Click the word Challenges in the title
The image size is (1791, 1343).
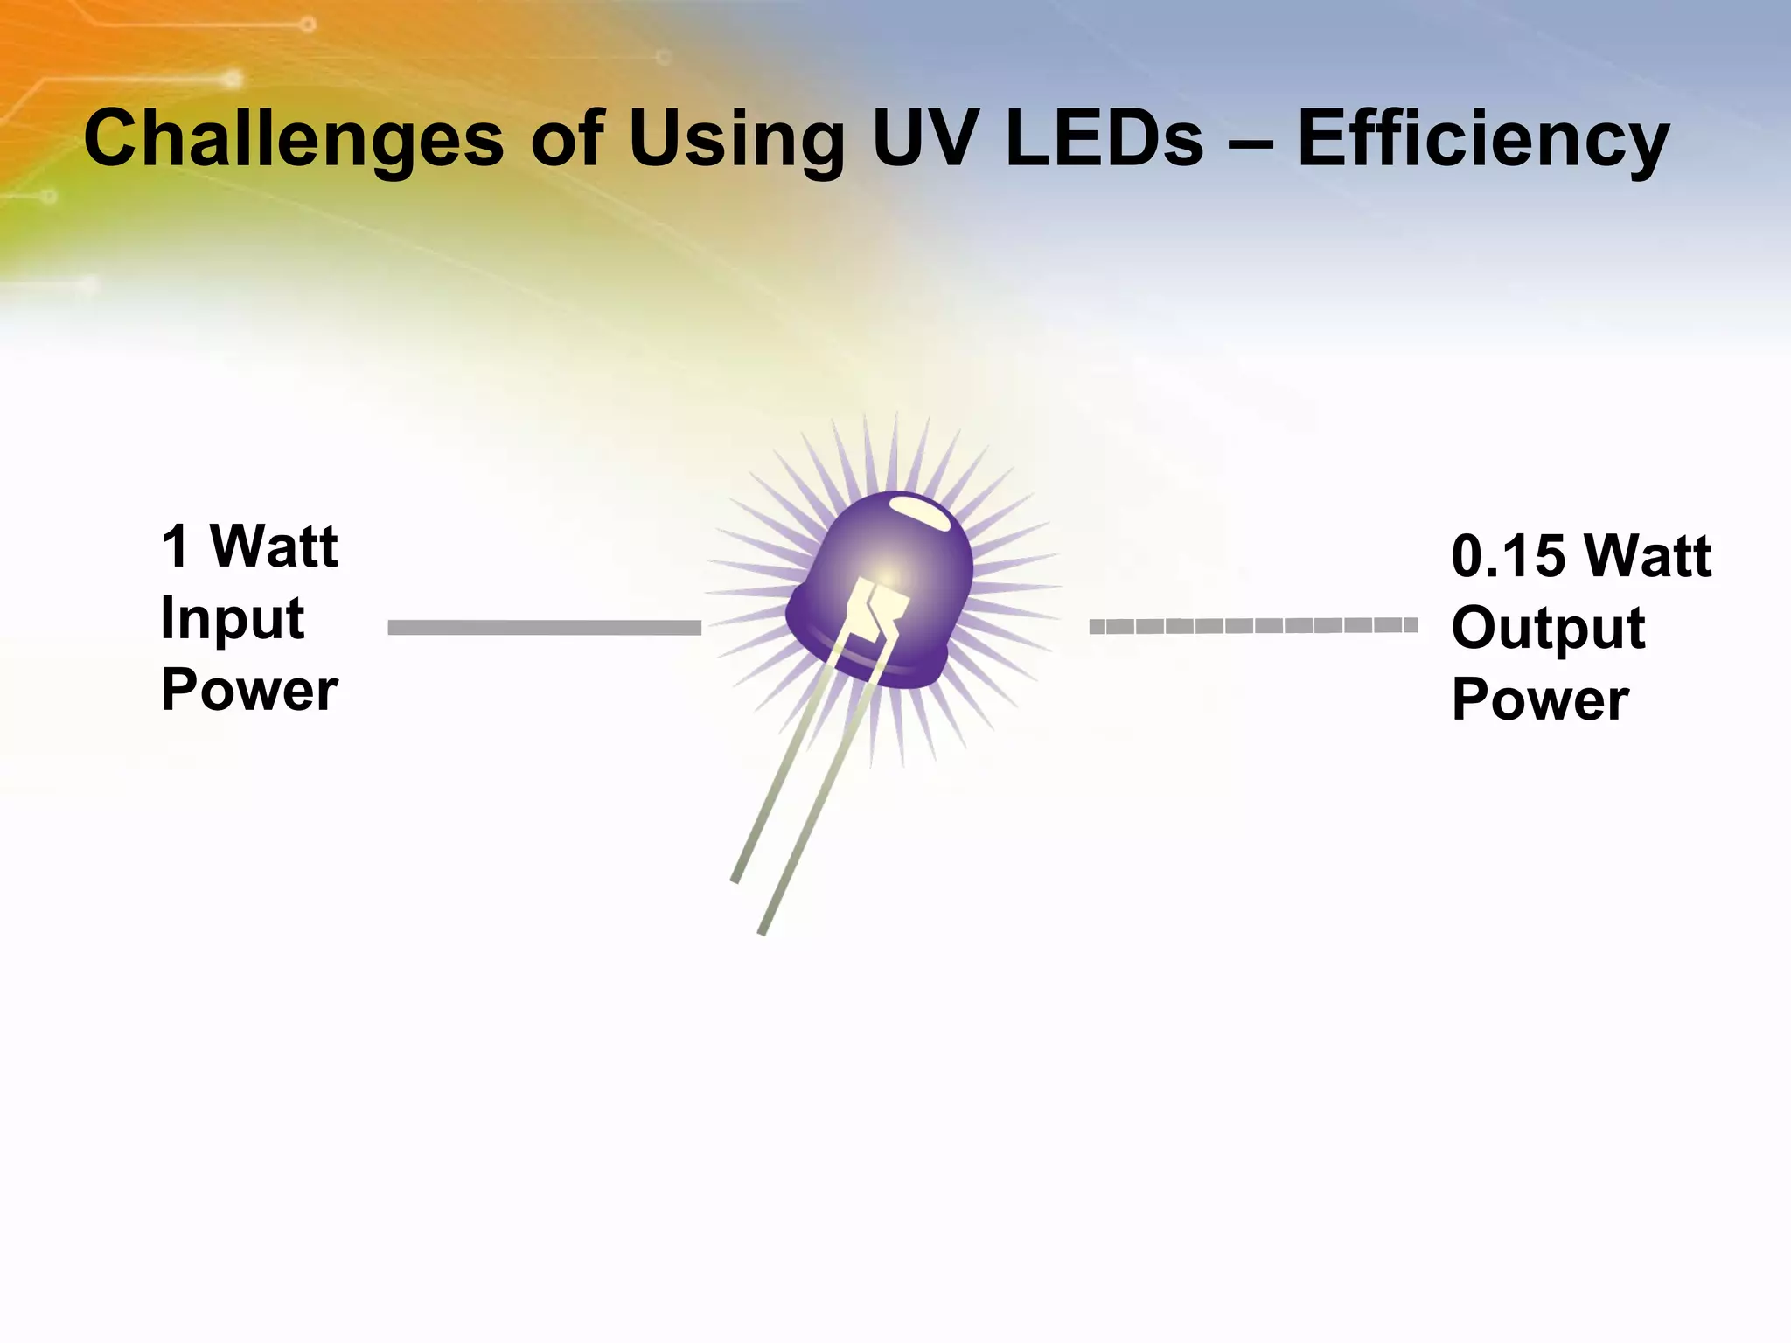click(294, 140)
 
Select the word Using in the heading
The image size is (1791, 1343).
click(735, 140)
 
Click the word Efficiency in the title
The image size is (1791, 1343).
click(1483, 140)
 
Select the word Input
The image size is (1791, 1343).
click(233, 619)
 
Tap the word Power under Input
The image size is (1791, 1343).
click(249, 690)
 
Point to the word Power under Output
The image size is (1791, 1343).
click(1540, 699)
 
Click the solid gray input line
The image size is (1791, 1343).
click(544, 627)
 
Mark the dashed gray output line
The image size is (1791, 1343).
click(1252, 625)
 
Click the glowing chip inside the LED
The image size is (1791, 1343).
click(882, 603)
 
